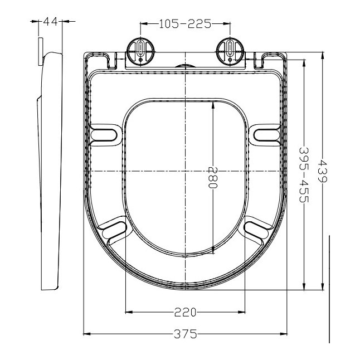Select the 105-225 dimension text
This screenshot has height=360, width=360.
tap(184, 23)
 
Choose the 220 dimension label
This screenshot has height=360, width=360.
tap(184, 312)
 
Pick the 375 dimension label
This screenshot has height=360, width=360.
tap(184, 334)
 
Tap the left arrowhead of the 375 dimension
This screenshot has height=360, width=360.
tap(86, 334)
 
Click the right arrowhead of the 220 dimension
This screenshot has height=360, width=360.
tap(241, 312)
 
